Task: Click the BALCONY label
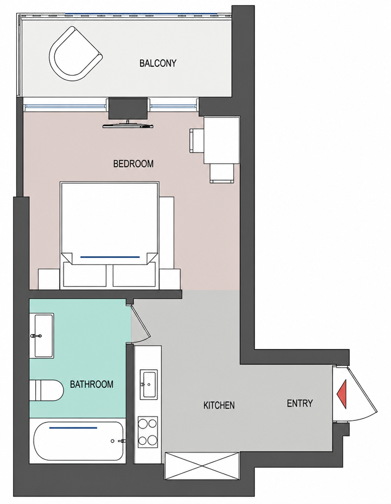[157, 63]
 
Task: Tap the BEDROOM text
[134, 164]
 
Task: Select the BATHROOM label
[92, 384]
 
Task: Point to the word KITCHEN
[219, 405]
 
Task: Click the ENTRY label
[300, 403]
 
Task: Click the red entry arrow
[342, 394]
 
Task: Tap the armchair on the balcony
[75, 54]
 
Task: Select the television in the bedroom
[128, 124]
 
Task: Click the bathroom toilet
[47, 390]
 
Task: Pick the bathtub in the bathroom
[79, 440]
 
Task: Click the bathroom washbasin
[43, 336]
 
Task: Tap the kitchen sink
[149, 384]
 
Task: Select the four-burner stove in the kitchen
[148, 432]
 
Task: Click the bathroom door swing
[141, 323]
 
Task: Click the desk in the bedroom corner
[222, 140]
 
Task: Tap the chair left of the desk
[197, 141]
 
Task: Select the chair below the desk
[222, 173]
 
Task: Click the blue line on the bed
[110, 257]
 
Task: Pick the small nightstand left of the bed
[49, 279]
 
